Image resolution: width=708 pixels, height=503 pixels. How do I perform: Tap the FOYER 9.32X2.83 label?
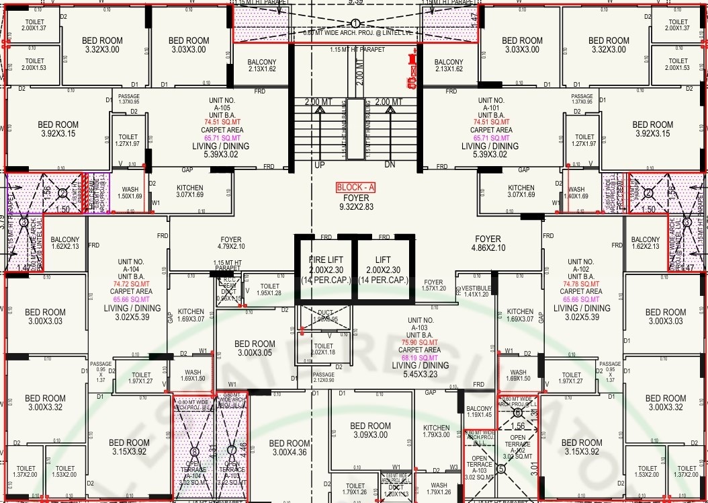click(355, 203)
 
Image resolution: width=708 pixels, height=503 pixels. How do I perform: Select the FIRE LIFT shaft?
click(326, 270)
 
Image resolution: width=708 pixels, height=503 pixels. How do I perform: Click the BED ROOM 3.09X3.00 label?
click(370, 430)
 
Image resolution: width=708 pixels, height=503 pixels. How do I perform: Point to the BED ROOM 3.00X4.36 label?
click(290, 448)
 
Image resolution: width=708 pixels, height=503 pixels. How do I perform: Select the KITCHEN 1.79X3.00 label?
click(437, 431)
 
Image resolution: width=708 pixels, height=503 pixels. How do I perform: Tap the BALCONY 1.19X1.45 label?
click(479, 412)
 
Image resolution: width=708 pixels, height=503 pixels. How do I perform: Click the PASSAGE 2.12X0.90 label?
click(323, 377)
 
